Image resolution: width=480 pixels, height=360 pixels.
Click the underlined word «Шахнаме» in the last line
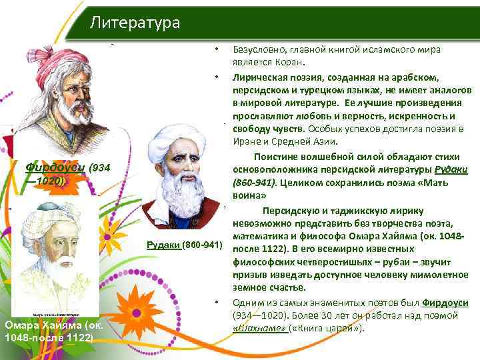[261, 327]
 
